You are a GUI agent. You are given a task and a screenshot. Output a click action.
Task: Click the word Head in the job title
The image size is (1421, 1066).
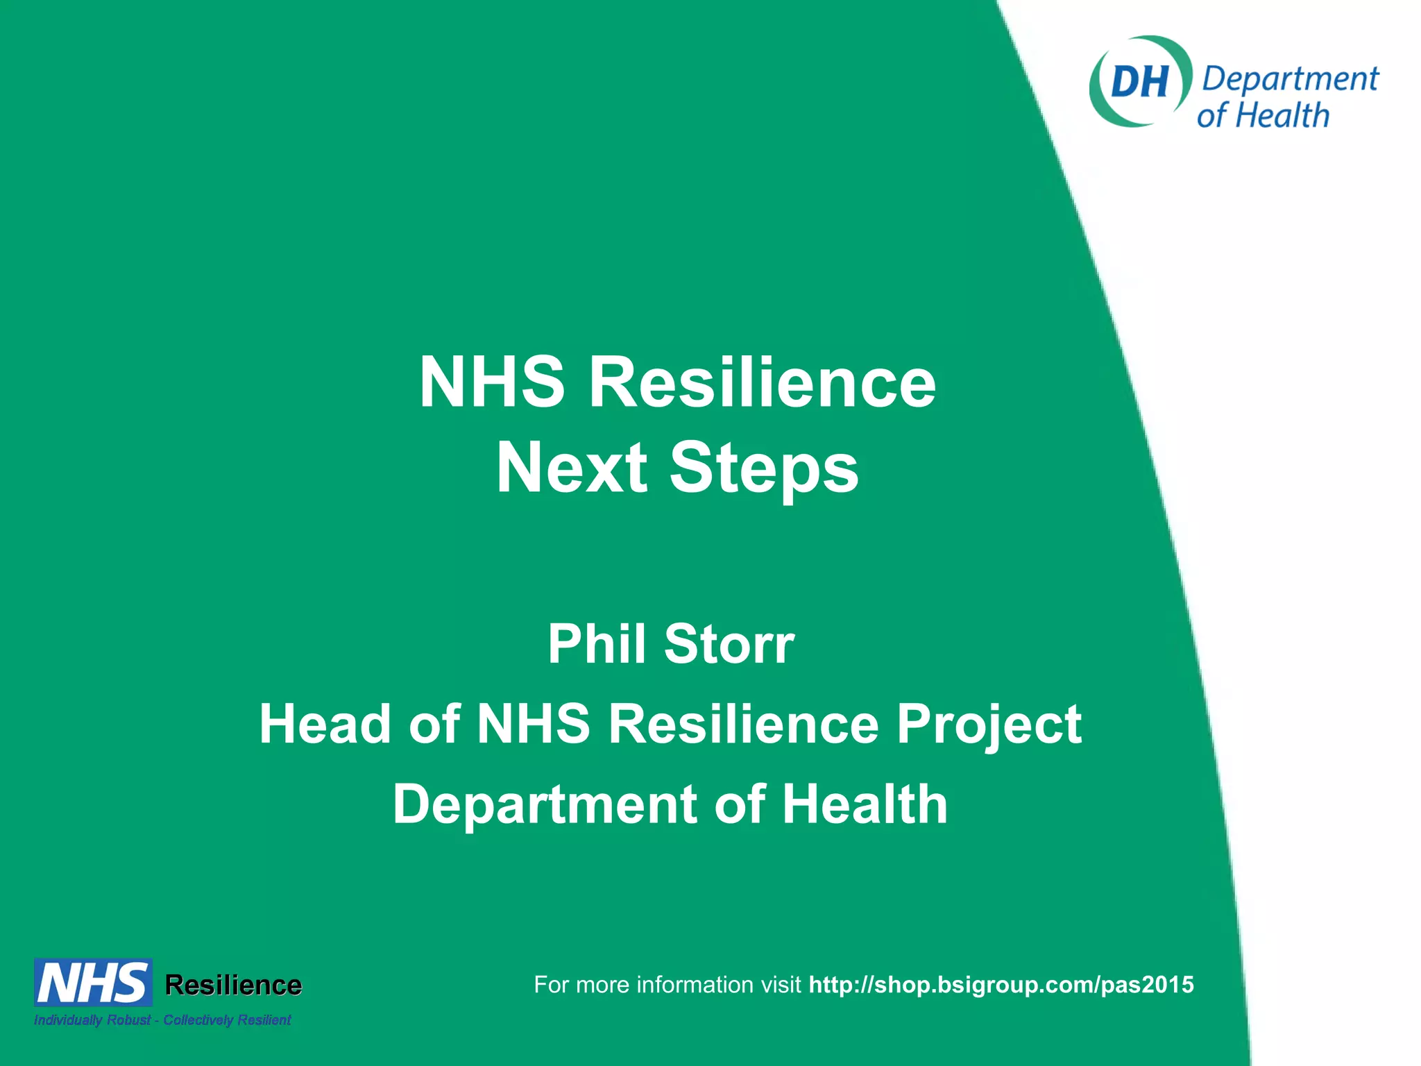325,724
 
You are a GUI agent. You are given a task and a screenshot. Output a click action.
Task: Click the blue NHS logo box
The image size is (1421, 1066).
93,983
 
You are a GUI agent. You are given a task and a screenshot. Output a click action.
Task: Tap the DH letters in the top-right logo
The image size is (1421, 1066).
1139,82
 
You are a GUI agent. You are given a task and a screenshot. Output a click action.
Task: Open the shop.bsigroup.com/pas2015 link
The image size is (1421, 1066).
1001,985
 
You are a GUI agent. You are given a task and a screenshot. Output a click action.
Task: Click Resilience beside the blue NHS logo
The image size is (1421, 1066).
233,985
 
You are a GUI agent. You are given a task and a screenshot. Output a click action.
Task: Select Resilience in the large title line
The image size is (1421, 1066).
762,382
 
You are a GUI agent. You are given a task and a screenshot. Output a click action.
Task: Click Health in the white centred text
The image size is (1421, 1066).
865,804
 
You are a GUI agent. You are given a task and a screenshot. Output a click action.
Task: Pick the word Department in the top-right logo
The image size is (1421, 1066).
1290,80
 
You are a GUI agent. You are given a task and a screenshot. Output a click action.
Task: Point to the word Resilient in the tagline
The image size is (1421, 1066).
264,1020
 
